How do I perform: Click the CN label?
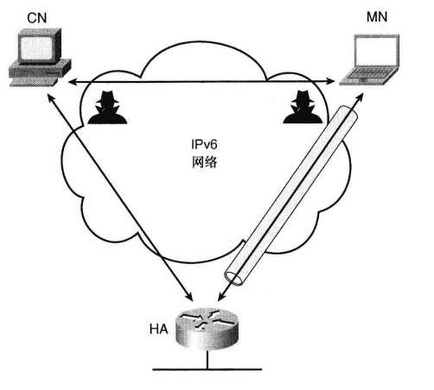click(x=37, y=18)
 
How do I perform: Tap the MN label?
click(x=377, y=17)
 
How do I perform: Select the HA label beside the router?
click(x=158, y=330)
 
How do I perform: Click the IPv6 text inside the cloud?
click(x=204, y=144)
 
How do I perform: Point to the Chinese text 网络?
click(x=204, y=162)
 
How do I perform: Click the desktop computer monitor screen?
click(x=36, y=48)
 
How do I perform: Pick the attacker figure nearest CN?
click(x=107, y=108)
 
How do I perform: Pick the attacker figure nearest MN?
click(x=303, y=107)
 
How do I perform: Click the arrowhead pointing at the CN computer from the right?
click(x=72, y=83)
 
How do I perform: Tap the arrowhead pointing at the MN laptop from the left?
click(x=331, y=82)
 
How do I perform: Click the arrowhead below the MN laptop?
click(x=359, y=97)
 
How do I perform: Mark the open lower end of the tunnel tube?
click(x=234, y=277)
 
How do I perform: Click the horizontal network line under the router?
click(x=207, y=369)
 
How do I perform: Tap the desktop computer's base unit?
click(x=39, y=72)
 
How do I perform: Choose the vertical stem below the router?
click(x=207, y=359)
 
